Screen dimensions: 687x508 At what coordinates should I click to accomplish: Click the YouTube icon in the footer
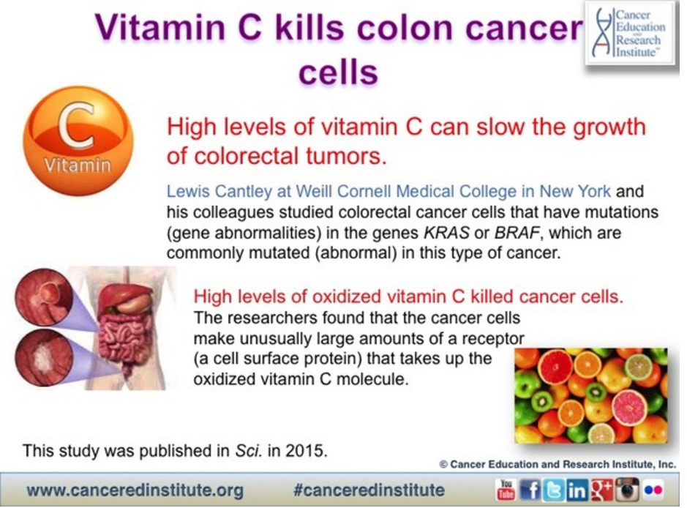coord(506,490)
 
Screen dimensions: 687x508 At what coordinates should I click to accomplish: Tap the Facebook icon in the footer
coord(530,490)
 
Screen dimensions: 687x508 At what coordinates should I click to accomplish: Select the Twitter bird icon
coord(553,490)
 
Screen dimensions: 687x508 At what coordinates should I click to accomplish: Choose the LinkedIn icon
coord(577,490)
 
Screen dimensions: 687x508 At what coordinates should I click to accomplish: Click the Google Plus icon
coord(601,490)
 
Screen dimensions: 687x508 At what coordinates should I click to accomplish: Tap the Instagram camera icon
coord(627,490)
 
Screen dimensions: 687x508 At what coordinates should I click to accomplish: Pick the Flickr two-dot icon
coord(653,490)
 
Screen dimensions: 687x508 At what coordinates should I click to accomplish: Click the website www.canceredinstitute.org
coord(135,490)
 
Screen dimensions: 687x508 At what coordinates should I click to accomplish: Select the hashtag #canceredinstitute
coord(369,490)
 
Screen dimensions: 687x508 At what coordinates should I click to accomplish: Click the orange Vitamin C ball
coord(78,141)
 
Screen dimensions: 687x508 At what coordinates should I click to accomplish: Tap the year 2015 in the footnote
coord(307,451)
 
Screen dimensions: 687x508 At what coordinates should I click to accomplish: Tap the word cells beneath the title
coord(338,72)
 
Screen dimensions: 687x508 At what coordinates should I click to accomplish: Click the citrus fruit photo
coord(591,396)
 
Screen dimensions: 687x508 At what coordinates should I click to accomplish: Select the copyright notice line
coord(558,464)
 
